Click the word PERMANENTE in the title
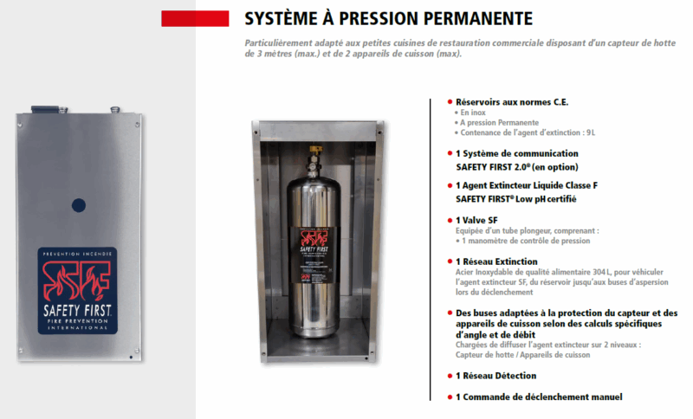(x=471, y=18)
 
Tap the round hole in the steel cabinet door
(x=79, y=206)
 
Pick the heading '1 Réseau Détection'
(x=496, y=376)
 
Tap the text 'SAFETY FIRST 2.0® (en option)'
(x=516, y=166)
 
